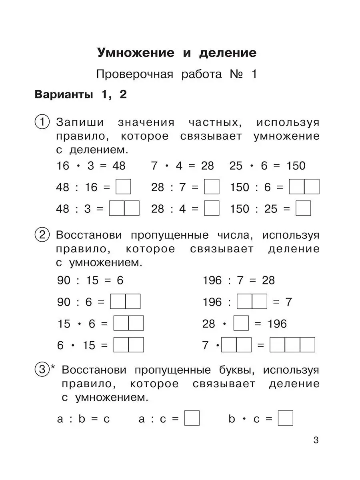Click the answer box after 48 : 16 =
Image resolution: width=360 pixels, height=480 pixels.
point(123,187)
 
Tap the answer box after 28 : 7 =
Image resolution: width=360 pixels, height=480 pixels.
point(212,187)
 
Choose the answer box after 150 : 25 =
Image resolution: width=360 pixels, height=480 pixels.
point(303,208)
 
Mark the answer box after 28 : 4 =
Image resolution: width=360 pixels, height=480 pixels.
point(212,208)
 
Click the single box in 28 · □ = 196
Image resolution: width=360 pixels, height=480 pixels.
point(241,323)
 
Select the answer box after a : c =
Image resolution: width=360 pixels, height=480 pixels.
point(192,418)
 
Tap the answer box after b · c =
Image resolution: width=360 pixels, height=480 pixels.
point(286,418)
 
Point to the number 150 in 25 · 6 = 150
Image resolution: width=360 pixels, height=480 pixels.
point(296,166)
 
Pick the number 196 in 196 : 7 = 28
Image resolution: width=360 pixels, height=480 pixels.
point(212,280)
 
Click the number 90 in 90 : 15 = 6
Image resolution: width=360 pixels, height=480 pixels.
point(64,280)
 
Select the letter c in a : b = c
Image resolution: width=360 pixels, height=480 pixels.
point(106,419)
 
